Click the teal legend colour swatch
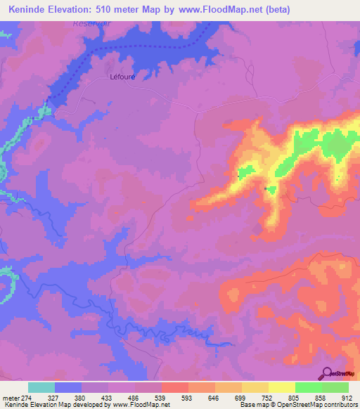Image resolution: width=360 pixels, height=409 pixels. point(41,387)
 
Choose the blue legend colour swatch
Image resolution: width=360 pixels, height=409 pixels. point(68,387)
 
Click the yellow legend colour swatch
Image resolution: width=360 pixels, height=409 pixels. point(281,387)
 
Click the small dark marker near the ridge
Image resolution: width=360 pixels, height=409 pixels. point(265,188)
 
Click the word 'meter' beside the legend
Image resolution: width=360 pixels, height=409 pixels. point(10,398)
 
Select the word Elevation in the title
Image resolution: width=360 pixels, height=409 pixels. point(77,10)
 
